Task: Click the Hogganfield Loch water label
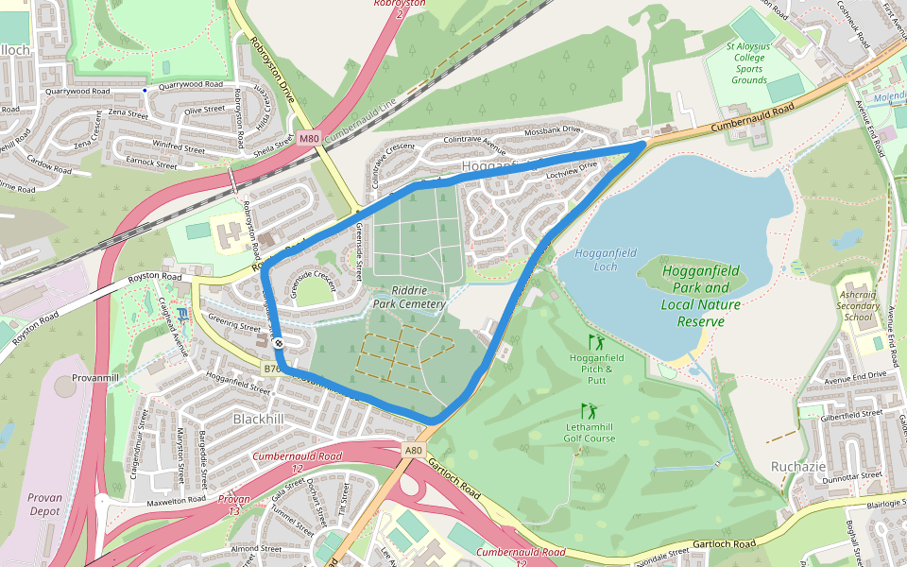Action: [x=606, y=260]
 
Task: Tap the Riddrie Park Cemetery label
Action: [x=408, y=298]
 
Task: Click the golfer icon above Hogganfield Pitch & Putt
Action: [x=595, y=340]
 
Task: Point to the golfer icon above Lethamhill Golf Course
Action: [x=590, y=410]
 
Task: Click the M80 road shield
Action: [x=310, y=139]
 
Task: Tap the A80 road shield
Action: [x=413, y=451]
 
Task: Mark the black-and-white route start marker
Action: [x=279, y=343]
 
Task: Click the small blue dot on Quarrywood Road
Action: [x=145, y=90]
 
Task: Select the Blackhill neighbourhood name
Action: [x=256, y=418]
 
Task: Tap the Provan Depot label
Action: [x=43, y=504]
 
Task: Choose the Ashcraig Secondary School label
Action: [x=858, y=305]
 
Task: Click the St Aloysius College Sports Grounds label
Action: [x=749, y=62]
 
